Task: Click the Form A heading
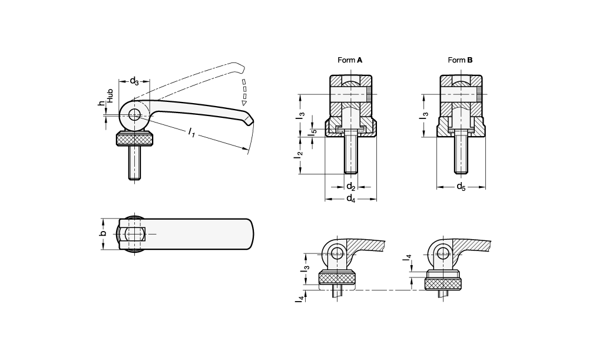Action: pos(350,60)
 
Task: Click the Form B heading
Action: pos(460,60)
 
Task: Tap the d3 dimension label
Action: pos(134,81)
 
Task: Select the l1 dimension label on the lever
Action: pos(191,132)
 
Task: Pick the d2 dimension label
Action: pos(350,186)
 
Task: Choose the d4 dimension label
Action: pos(350,199)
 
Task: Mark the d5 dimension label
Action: pos(461,186)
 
